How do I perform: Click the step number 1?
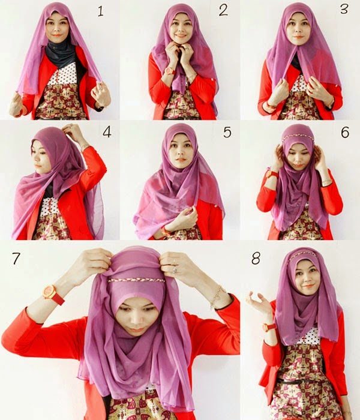pos(100,10)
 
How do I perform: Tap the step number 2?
pos(223,10)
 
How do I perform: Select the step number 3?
pos(344,10)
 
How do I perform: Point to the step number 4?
pos(107,131)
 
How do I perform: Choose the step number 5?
pos(227,131)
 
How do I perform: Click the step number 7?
pos(16,260)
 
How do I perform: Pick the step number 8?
pos(256,260)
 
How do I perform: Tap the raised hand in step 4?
pos(73,131)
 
